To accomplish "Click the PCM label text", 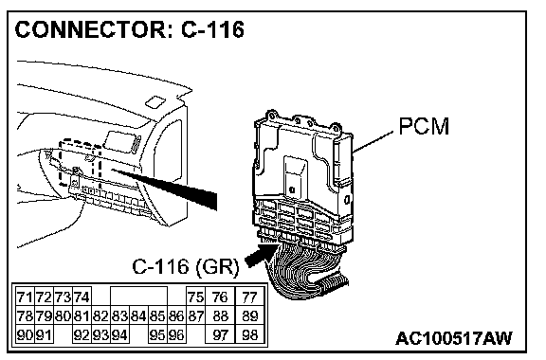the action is tap(424, 126).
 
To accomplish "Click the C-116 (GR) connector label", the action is tap(186, 267).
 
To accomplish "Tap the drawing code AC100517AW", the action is tap(454, 338).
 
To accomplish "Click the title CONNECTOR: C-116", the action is tap(130, 29).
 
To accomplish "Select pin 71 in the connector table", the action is tap(26, 297).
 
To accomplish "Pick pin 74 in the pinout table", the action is tap(82, 297).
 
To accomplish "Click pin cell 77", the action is tap(249, 297).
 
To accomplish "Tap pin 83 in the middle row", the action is tap(120, 316).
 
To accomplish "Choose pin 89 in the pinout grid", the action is tap(249, 316).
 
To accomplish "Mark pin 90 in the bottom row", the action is tap(26, 335).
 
